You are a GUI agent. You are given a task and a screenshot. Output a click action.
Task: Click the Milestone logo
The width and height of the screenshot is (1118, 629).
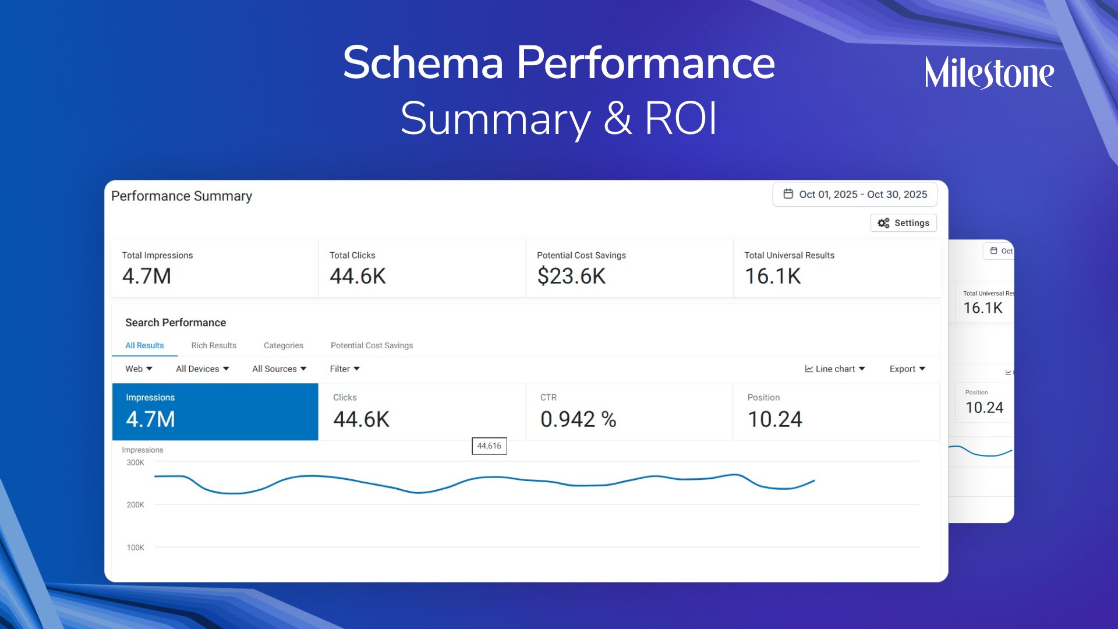point(989,73)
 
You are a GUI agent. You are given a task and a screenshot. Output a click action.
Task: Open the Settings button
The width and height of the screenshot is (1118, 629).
point(903,223)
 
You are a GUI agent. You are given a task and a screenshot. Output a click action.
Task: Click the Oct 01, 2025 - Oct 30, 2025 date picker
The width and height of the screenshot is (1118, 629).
point(855,195)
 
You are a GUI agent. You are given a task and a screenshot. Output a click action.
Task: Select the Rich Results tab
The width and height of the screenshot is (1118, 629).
point(214,345)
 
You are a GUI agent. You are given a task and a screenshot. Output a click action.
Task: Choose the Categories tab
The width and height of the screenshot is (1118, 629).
point(283,345)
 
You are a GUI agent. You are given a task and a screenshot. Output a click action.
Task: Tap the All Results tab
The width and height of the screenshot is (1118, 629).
point(144,345)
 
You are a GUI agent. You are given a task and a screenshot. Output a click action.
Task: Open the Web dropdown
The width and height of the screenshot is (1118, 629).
point(139,369)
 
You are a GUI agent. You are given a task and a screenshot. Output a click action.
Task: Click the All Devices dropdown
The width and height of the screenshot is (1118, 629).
point(202,369)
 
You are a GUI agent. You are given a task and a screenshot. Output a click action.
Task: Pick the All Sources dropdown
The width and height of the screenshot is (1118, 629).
point(279,369)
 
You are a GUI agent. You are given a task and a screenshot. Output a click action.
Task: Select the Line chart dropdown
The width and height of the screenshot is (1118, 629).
point(835,369)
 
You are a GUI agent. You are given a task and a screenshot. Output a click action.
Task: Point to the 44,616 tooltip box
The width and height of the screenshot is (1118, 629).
point(489,446)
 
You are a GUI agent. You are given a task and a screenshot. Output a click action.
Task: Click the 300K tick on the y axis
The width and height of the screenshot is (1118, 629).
point(135,462)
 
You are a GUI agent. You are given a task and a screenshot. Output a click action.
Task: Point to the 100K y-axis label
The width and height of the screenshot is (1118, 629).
point(135,547)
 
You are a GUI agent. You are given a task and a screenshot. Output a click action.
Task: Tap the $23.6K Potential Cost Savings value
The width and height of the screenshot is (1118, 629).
point(571,276)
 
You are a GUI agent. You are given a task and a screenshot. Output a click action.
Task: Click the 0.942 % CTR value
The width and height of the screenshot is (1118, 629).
point(578,419)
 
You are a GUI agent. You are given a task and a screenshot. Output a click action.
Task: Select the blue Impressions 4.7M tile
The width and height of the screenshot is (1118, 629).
point(215,411)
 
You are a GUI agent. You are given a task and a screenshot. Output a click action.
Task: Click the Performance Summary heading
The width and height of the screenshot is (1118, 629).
point(182,196)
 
